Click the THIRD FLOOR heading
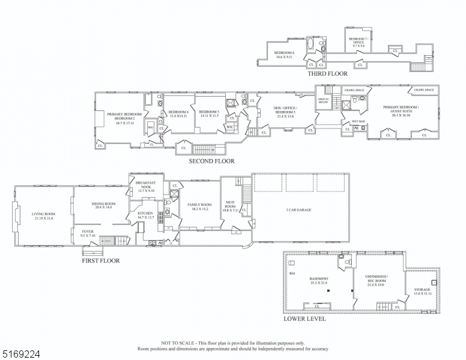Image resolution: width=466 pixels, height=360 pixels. [328, 73]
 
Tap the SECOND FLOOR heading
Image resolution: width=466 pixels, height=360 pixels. [211, 161]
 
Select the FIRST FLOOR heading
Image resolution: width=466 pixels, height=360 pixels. [100, 261]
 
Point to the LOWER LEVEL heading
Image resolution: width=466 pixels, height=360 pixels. [304, 319]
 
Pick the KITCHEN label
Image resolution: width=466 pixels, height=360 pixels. [145, 215]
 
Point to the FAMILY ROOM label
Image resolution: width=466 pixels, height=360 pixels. [198, 206]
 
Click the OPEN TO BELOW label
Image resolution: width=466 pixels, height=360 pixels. [323, 101]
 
